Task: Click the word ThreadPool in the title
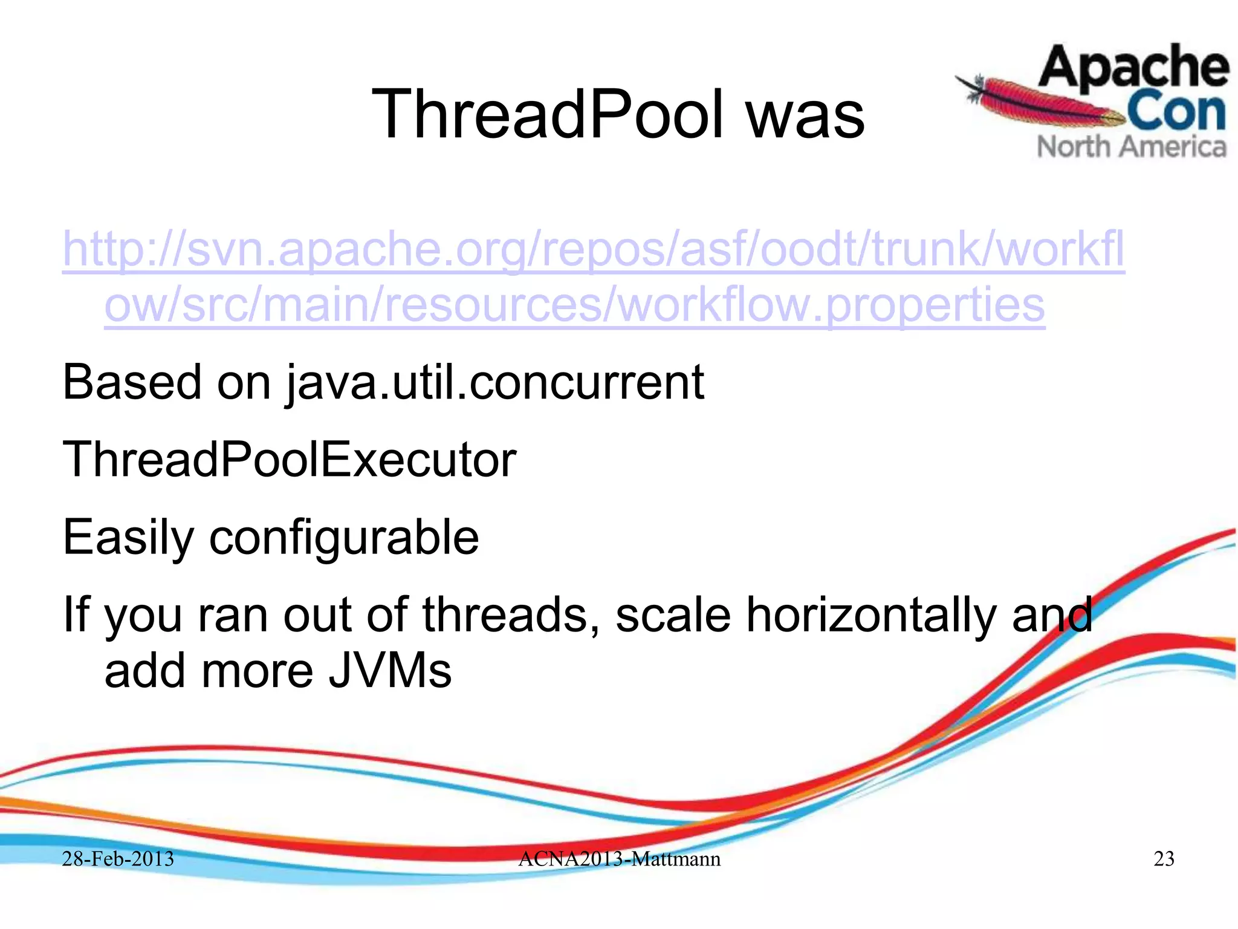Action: (x=547, y=114)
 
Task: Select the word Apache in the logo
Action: (x=1133, y=68)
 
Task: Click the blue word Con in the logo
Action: (x=1176, y=112)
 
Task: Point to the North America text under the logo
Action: (x=1132, y=147)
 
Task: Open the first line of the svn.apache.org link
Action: (x=592, y=250)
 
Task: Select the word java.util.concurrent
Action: (x=494, y=383)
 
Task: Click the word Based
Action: (x=132, y=382)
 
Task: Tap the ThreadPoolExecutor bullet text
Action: (x=289, y=460)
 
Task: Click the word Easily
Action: (x=128, y=538)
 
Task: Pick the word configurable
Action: (x=343, y=538)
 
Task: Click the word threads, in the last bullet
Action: (x=511, y=614)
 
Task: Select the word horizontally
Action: (x=870, y=616)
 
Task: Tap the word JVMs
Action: (x=390, y=671)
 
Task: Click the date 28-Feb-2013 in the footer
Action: (x=118, y=859)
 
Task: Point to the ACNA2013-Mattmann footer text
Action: (x=619, y=859)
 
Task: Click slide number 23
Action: (x=1164, y=859)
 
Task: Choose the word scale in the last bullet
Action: (x=673, y=614)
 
